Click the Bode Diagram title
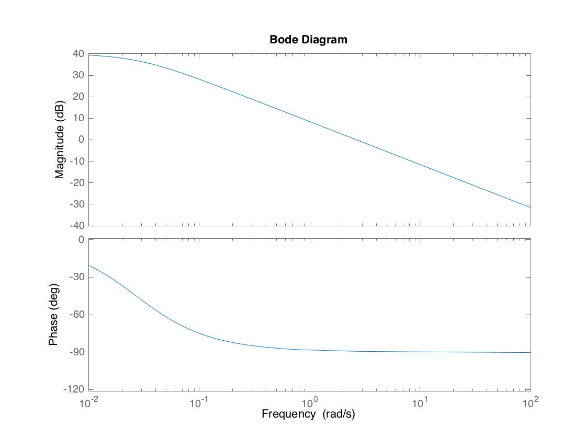[308, 40]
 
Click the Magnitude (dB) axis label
[60, 140]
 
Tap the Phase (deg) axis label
[53, 315]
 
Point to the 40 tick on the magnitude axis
[78, 54]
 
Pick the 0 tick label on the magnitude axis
[82, 140]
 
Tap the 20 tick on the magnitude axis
[78, 97]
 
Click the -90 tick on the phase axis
[76, 352]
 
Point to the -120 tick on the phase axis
[74, 389]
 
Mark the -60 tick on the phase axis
[76, 315]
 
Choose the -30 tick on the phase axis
[76, 277]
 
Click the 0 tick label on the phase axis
[82, 240]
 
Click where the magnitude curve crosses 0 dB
[355, 140]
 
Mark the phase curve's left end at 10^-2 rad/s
[89, 265]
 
